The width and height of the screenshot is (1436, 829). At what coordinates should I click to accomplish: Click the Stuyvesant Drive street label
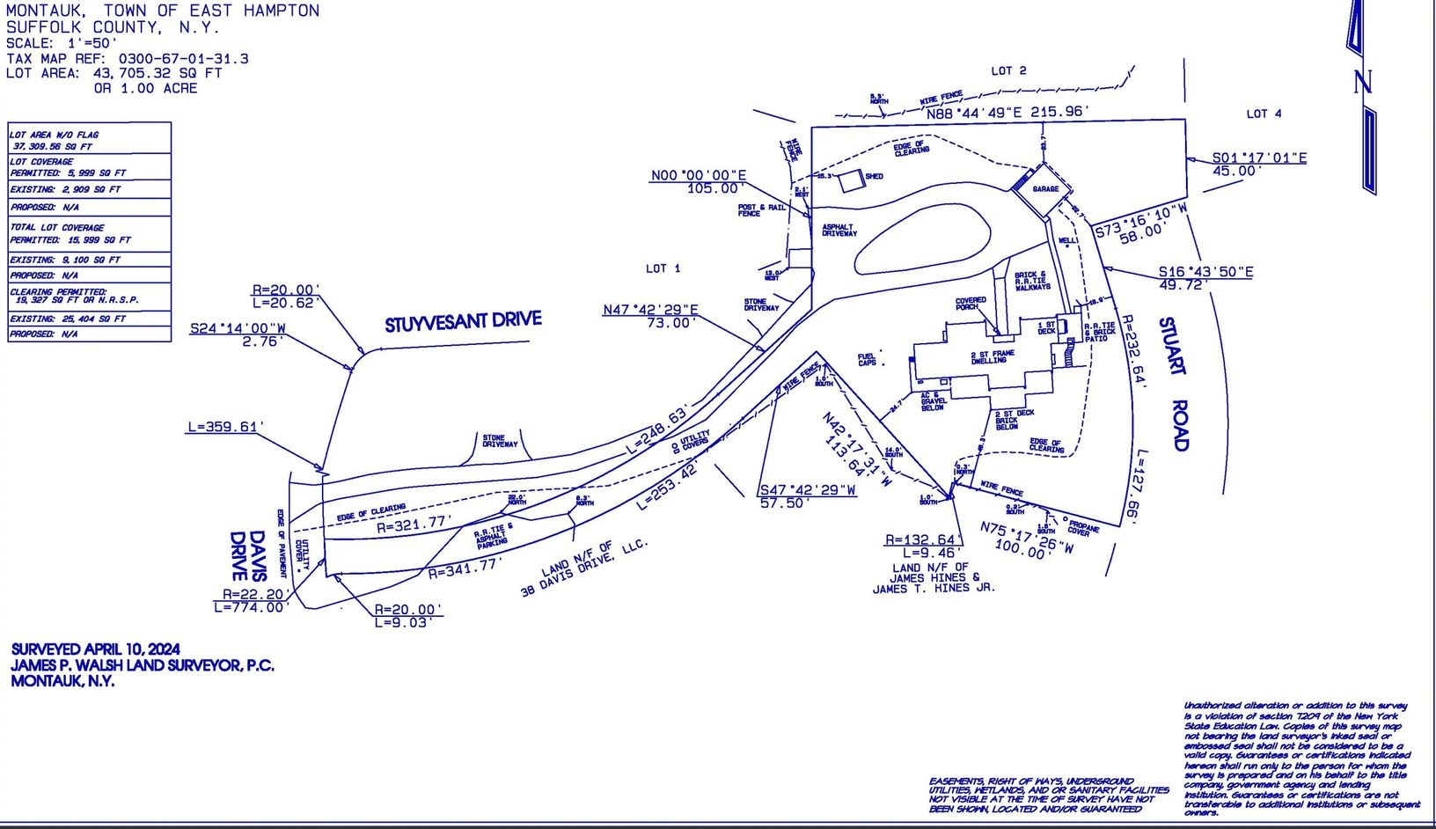pos(463,322)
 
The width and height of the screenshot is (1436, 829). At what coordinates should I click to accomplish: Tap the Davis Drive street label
pos(247,555)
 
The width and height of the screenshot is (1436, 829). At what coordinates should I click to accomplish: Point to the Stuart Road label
pos(1174,384)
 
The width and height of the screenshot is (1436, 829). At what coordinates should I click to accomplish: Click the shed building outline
pos(850,181)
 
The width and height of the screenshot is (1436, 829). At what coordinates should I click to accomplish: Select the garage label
pos(1045,189)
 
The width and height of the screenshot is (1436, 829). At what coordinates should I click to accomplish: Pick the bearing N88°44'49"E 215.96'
pos(1007,113)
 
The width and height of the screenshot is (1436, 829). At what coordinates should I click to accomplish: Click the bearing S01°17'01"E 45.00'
pos(1258,165)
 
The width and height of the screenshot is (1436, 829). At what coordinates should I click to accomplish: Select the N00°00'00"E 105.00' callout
pos(698,182)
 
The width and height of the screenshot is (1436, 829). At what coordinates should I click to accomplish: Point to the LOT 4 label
pos(1264,114)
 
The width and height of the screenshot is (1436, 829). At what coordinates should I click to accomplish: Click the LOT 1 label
pos(663,268)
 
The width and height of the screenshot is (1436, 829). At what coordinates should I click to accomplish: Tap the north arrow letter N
pos(1362,83)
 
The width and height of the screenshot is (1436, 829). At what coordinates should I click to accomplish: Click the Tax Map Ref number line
pos(128,59)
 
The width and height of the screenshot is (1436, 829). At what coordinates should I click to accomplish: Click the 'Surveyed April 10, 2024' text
pos(95,649)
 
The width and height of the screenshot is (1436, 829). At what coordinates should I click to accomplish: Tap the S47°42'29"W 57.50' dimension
pos(808,496)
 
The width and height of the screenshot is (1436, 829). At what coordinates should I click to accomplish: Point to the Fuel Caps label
pos(867,360)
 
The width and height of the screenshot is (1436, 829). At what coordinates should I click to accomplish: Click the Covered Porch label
pos(971,304)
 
